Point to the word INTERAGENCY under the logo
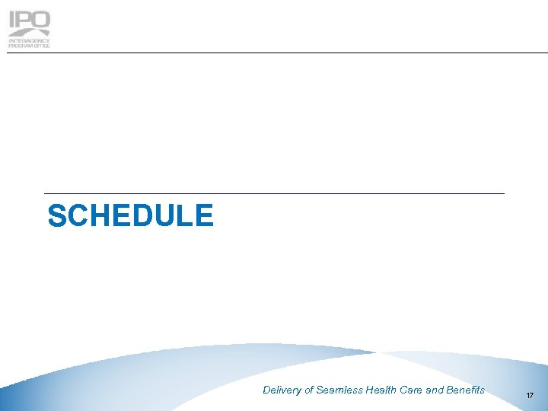[29, 40]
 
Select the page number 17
[530, 395]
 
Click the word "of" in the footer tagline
[309, 390]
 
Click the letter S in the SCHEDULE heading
[57, 216]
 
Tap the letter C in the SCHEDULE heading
[78, 216]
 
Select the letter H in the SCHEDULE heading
[100, 216]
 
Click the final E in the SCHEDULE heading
[204, 216]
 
